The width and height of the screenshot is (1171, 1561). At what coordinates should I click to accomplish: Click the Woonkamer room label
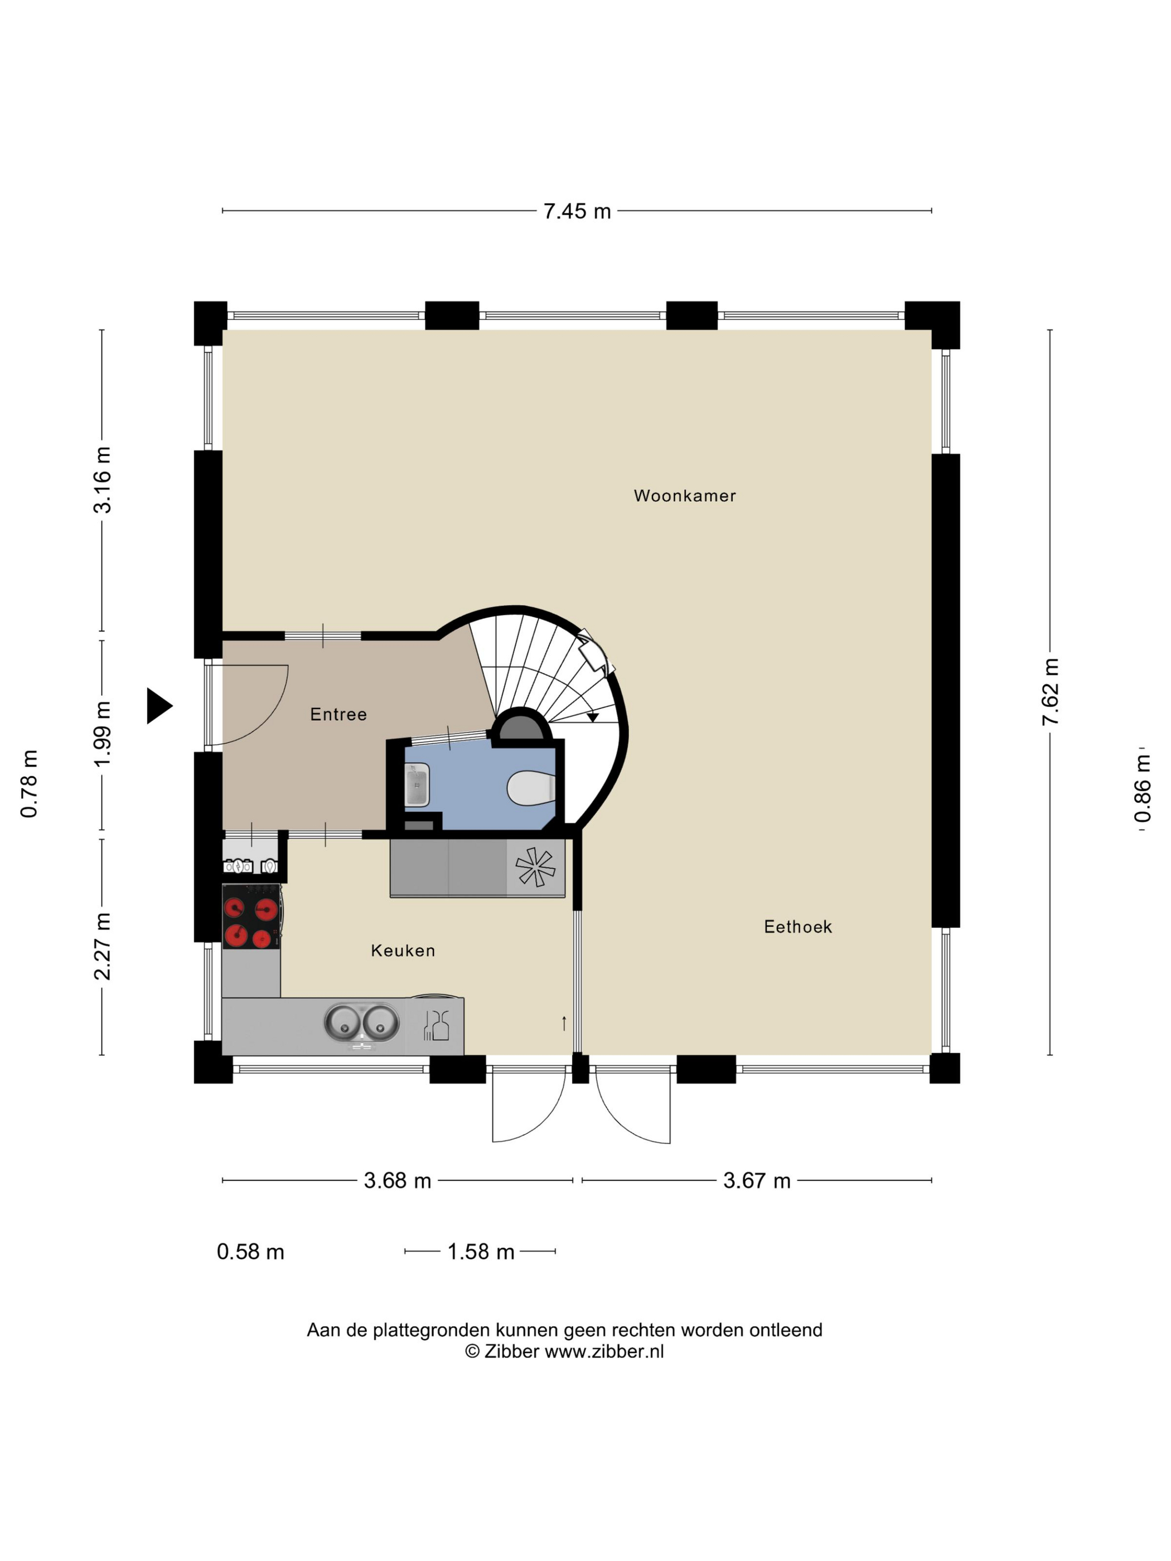pyautogui.click(x=684, y=496)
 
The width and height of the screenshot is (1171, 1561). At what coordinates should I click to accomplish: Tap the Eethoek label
pyautogui.click(x=797, y=927)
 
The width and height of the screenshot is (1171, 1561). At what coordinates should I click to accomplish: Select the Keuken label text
pyautogui.click(x=403, y=951)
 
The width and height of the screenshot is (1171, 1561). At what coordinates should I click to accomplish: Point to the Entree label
pyautogui.click(x=338, y=714)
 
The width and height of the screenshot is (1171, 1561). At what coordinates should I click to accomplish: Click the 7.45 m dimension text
pyautogui.click(x=577, y=211)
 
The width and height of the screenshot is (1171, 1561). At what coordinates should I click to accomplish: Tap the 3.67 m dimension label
pyautogui.click(x=757, y=1181)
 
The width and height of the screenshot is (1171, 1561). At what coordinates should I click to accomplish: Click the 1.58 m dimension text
pyautogui.click(x=481, y=1252)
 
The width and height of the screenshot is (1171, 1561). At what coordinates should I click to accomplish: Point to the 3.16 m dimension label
pyautogui.click(x=103, y=480)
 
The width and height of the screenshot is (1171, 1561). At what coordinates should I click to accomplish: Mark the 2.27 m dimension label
pyautogui.click(x=103, y=946)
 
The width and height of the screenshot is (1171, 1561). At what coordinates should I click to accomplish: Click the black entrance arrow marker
pyautogui.click(x=159, y=705)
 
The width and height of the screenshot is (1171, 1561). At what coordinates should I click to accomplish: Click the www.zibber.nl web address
pyautogui.click(x=604, y=1351)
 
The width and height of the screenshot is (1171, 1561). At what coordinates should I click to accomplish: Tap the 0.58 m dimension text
pyautogui.click(x=250, y=1252)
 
